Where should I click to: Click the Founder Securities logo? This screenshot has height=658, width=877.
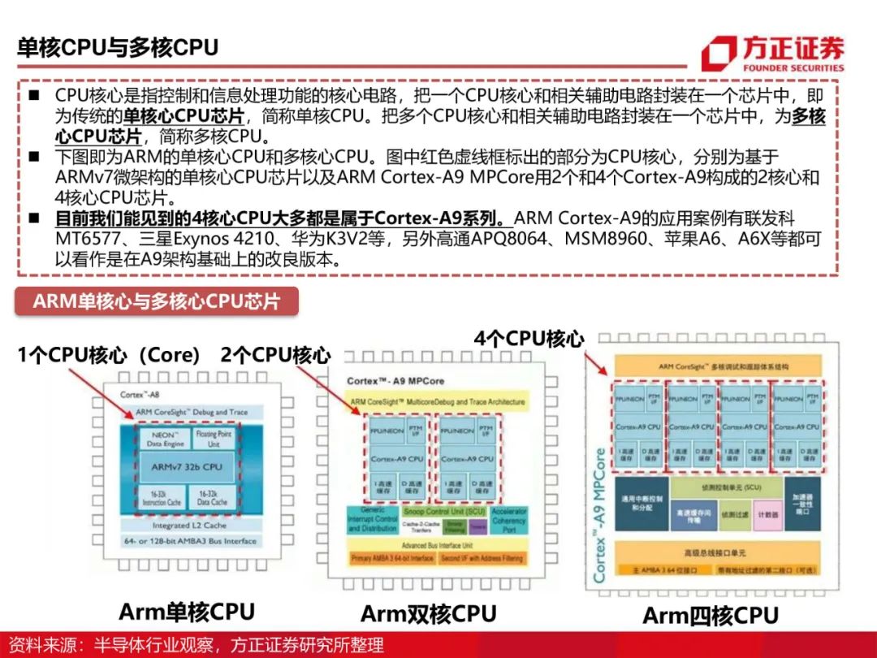coord(772,54)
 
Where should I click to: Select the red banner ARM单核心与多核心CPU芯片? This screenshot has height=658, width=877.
coord(157,301)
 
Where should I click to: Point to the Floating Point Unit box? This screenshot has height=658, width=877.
coord(214,439)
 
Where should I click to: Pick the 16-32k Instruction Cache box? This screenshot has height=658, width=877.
coord(154,497)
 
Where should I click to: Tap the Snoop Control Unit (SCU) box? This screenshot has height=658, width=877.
coord(443,512)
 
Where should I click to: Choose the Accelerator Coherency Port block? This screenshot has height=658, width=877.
coord(508,521)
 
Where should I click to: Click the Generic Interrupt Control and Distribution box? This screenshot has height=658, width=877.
coord(372,519)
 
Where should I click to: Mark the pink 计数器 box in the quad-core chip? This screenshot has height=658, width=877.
coord(763,514)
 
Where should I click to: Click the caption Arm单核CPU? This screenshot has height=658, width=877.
coord(187,611)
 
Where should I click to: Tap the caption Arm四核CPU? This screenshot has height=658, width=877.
coord(710,615)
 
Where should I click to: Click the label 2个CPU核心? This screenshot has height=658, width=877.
coord(275,355)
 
